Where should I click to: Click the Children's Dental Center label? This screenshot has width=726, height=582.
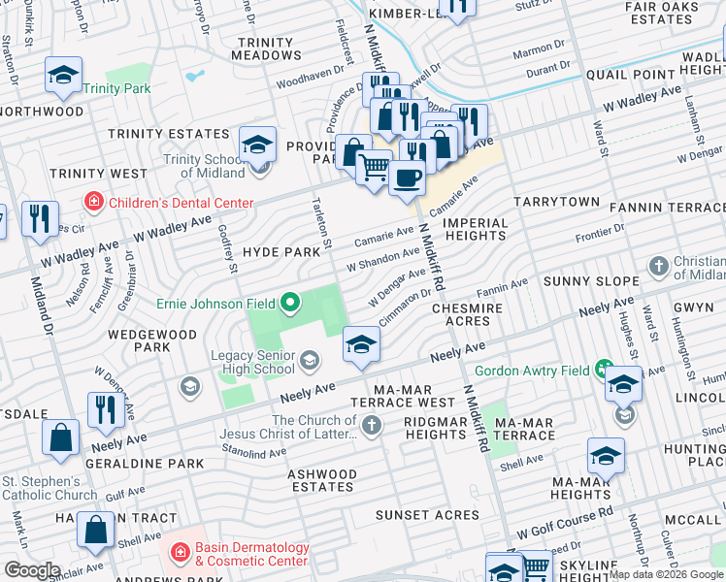tap(181, 203)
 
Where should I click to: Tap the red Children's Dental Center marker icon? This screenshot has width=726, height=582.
tap(94, 203)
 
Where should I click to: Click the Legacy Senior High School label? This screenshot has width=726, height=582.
tap(253, 362)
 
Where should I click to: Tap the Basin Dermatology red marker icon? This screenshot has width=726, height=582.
tap(180, 555)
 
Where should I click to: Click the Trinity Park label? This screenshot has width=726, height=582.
tap(116, 88)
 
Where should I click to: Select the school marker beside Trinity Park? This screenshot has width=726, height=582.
tap(64, 76)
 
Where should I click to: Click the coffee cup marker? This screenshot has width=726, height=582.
tap(408, 178)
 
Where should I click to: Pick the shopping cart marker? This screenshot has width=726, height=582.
tap(374, 169)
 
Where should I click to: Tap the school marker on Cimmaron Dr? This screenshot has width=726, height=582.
tap(361, 345)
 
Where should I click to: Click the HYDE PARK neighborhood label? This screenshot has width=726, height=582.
tap(281, 251)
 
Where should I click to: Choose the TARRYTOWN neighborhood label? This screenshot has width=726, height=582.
tap(556, 201)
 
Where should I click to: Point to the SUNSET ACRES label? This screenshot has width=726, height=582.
tap(428, 515)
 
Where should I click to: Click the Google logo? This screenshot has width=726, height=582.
tap(32, 569)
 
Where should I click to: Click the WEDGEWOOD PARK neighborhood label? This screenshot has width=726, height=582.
tap(139, 339)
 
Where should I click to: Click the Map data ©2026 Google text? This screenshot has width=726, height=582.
tap(665, 574)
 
